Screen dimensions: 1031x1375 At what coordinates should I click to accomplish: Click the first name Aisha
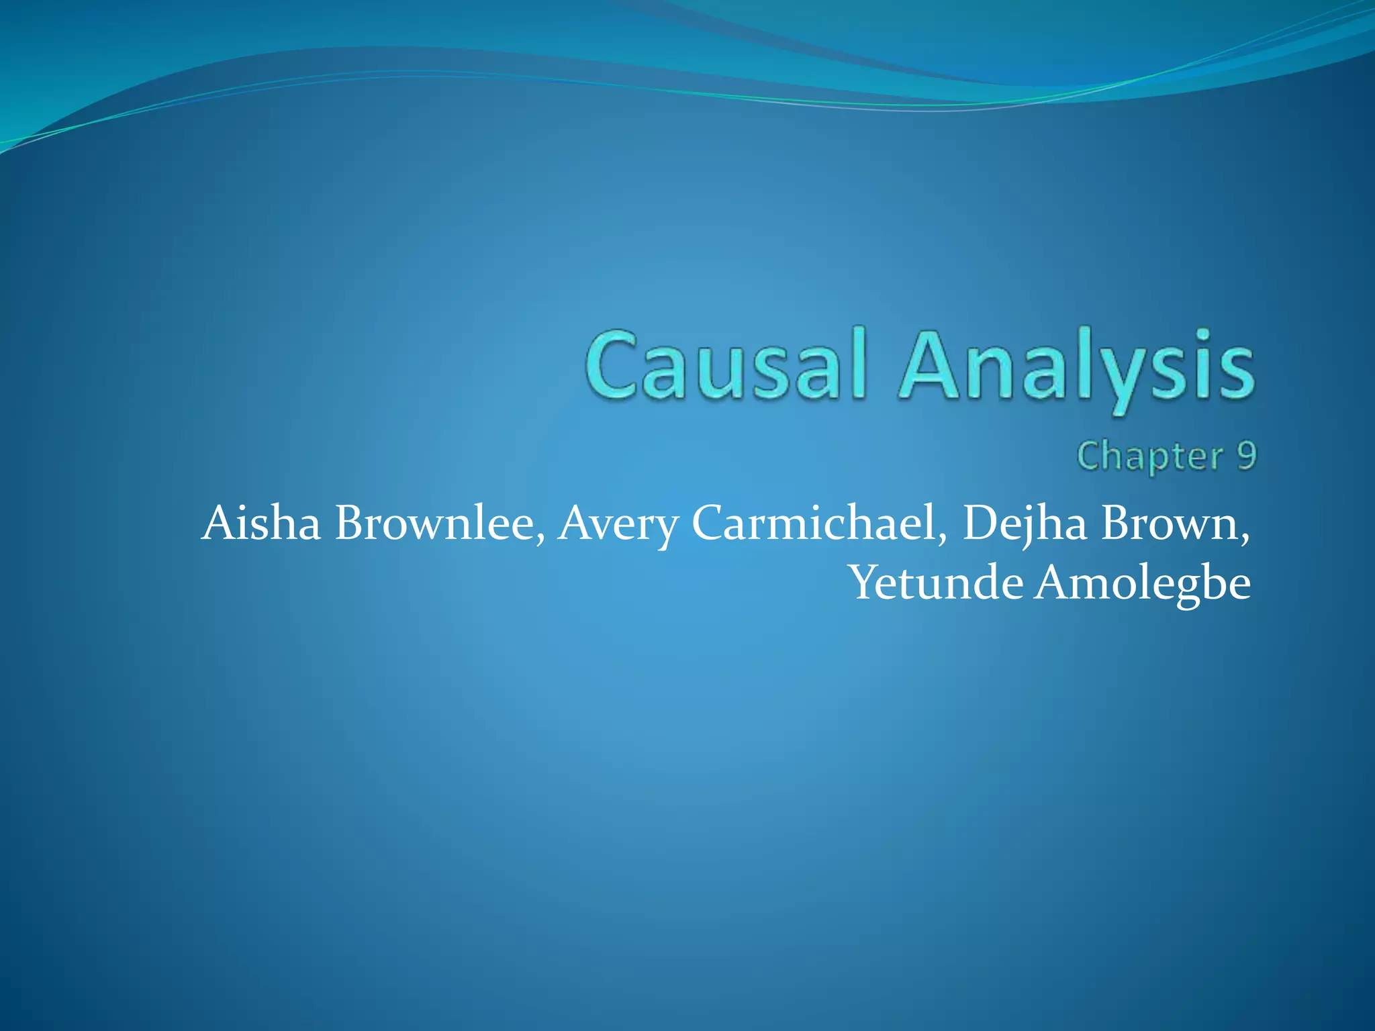(261, 523)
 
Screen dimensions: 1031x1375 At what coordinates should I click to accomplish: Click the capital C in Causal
(616, 366)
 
